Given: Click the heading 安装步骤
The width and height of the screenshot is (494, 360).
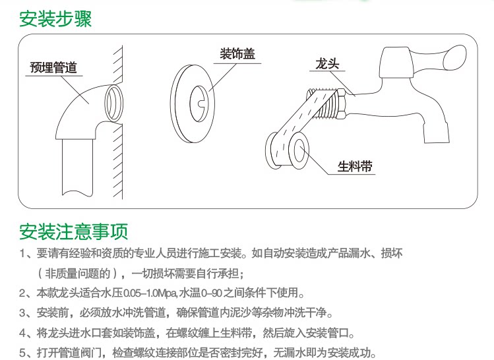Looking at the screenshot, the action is click(x=55, y=18).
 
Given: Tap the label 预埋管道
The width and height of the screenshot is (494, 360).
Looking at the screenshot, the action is click(x=53, y=67).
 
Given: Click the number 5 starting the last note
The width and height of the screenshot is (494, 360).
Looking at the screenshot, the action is click(x=22, y=352).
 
